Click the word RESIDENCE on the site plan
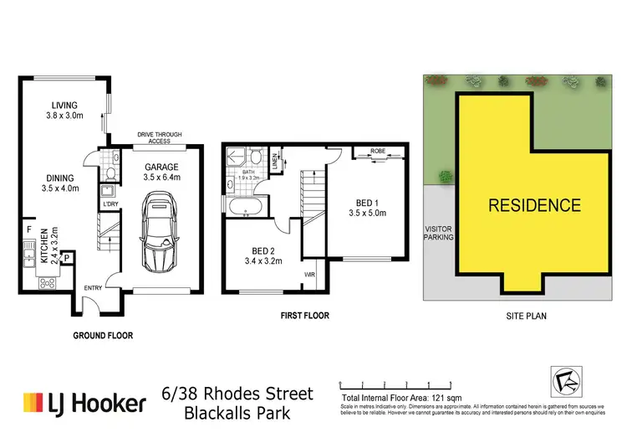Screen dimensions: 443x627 coord(534,204)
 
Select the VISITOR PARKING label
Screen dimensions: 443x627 coord(439,232)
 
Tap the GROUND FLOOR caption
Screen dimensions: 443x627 coord(104,335)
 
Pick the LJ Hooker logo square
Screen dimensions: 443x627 coord(33,404)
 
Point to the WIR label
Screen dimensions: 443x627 coord(308,274)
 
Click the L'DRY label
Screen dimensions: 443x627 coord(110,203)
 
